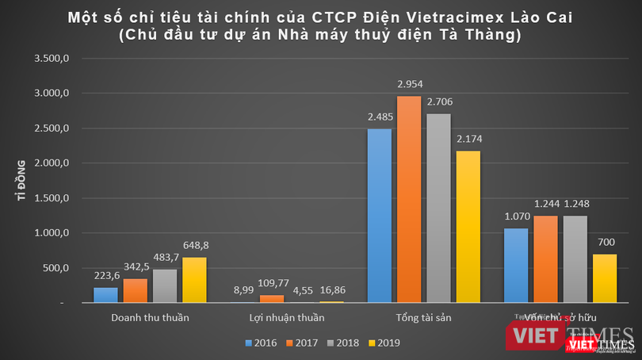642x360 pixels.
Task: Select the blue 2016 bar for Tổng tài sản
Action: pyautogui.click(x=380, y=216)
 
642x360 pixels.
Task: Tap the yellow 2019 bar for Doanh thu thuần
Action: pyautogui.click(x=193, y=280)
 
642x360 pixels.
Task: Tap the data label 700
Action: pyautogui.click(x=606, y=243)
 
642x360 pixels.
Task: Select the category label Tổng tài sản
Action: pyautogui.click(x=424, y=319)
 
